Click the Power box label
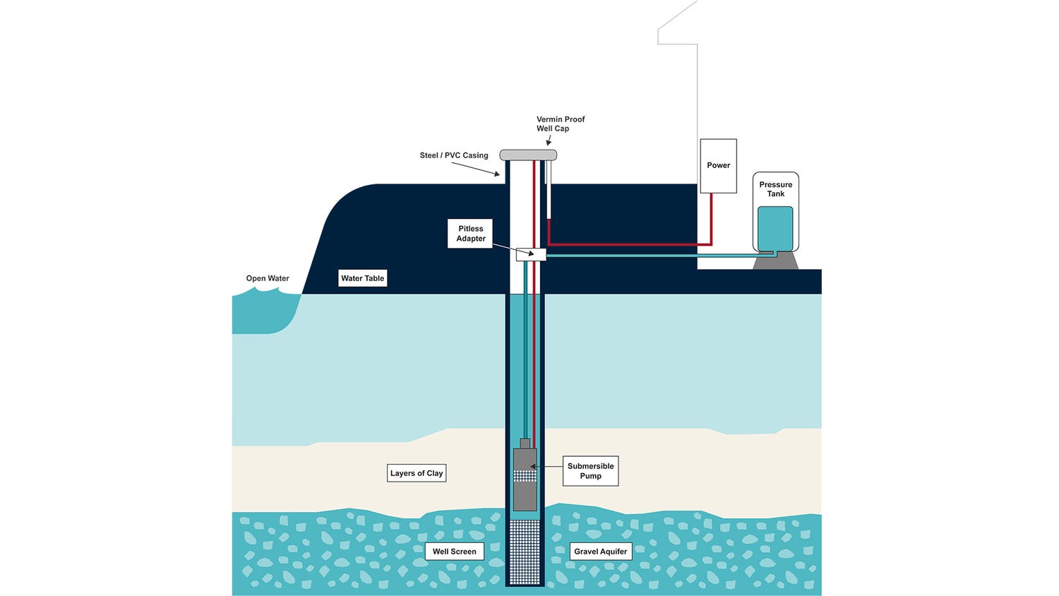click(x=718, y=165)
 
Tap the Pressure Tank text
click(x=775, y=189)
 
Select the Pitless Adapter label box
click(x=470, y=234)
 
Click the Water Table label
click(x=362, y=278)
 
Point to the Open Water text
click(x=268, y=278)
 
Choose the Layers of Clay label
click(x=417, y=473)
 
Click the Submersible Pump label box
click(x=590, y=471)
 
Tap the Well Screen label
click(x=454, y=552)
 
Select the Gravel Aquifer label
click(x=600, y=552)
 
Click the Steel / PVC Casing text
click(x=454, y=155)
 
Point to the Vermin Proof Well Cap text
click(x=561, y=124)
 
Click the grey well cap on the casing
click(x=528, y=155)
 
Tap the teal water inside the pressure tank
click(x=774, y=227)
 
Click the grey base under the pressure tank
click(x=775, y=261)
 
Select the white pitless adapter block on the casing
click(x=531, y=254)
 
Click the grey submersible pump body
click(x=525, y=494)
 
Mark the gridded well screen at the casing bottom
click(x=525, y=552)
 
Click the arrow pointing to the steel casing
click(x=476, y=169)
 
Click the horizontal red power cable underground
click(x=628, y=244)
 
